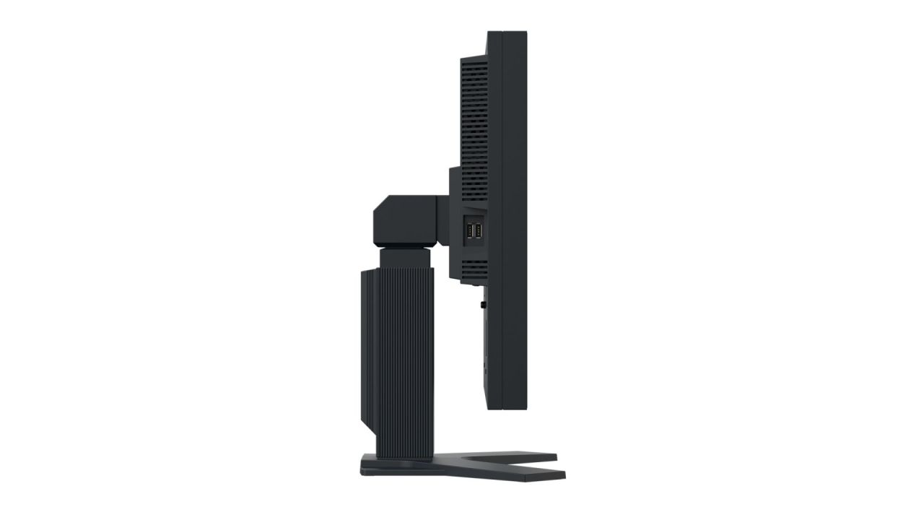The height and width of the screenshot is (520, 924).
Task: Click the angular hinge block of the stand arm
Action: point(408,220)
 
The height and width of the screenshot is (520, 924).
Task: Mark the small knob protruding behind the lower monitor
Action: point(481,305)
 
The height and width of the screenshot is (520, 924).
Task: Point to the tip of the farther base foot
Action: point(553,456)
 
